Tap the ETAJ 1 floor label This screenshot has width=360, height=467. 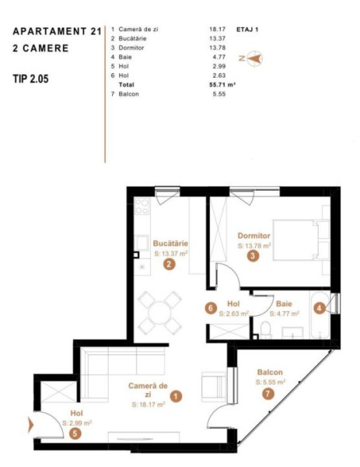pyautogui.click(x=247, y=30)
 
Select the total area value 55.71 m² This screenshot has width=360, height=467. pyautogui.click(x=222, y=85)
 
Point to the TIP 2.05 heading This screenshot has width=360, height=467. pyautogui.click(x=30, y=79)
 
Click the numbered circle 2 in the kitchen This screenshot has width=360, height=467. pyautogui.click(x=169, y=264)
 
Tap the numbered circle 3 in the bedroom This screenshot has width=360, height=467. pyautogui.click(x=253, y=255)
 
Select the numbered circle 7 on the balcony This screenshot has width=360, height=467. pyautogui.click(x=267, y=394)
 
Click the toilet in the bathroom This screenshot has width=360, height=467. pyautogui.click(x=265, y=330)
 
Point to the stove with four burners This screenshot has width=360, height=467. pyautogui.click(x=142, y=206)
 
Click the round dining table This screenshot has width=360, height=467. pyautogui.click(x=159, y=313)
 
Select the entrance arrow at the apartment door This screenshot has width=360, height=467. pyautogui.click(x=30, y=425)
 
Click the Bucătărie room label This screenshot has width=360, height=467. pyautogui.click(x=170, y=244)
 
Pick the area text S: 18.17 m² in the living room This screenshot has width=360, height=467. pyautogui.click(x=149, y=405)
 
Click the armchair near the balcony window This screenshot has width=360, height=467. pyautogui.click(x=213, y=386)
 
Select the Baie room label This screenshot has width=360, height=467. pyautogui.click(x=284, y=304)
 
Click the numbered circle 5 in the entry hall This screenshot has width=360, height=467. pyautogui.click(x=75, y=434)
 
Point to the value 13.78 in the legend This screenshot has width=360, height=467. pyautogui.click(x=218, y=48)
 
